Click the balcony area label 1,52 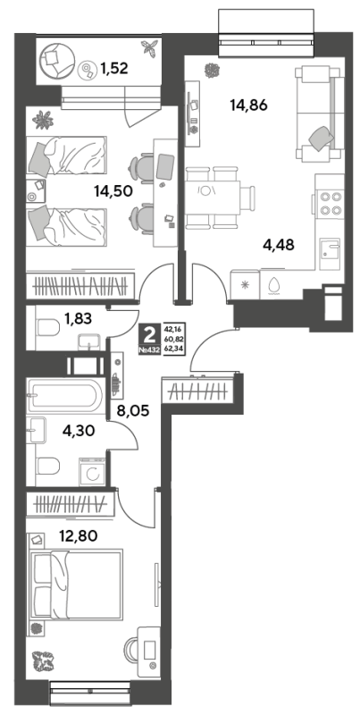[114, 69]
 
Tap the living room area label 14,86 [248, 105]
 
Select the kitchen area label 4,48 [279, 245]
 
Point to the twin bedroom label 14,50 [113, 190]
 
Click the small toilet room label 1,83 [79, 319]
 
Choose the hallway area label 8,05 [134, 408]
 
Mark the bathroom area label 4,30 [80, 430]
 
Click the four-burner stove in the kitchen [331, 204]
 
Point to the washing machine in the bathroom [93, 472]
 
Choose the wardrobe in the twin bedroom [80, 286]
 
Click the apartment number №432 [149, 350]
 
